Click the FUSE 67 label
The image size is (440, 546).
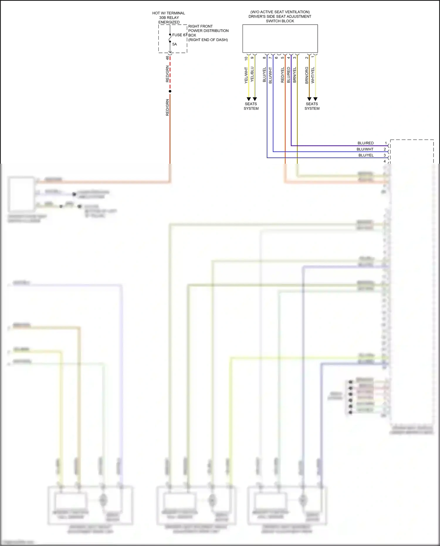(x=179, y=35)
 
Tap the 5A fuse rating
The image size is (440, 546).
(x=175, y=44)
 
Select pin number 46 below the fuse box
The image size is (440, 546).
(x=167, y=58)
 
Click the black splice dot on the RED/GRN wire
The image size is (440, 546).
(x=170, y=91)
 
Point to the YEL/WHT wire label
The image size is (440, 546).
(x=246, y=75)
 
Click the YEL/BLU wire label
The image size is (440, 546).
(x=252, y=74)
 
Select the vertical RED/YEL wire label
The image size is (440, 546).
(x=282, y=75)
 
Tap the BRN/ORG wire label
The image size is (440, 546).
(x=307, y=75)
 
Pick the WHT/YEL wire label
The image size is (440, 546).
(x=313, y=75)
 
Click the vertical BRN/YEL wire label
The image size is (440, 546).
(x=295, y=75)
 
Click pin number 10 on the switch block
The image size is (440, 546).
(x=246, y=58)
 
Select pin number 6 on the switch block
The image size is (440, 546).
(x=276, y=58)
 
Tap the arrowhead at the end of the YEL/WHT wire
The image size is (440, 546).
(x=249, y=99)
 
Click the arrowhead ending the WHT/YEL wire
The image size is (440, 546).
(x=315, y=99)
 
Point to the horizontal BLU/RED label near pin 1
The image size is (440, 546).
(x=365, y=143)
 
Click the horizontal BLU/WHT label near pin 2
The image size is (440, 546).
(x=365, y=149)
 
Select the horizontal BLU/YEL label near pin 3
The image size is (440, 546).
(x=366, y=155)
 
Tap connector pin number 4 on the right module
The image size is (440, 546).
(x=385, y=161)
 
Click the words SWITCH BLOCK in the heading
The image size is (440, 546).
(x=280, y=21)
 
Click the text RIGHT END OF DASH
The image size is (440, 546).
(x=208, y=40)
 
